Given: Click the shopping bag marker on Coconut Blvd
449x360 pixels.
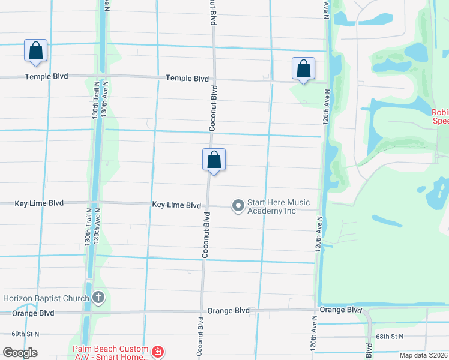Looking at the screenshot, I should tap(214, 161).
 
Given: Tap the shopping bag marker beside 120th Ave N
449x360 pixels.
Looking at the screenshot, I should tap(303, 69).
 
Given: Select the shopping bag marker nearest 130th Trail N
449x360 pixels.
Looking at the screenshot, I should tap(35, 51).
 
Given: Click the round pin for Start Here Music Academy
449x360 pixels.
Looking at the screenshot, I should tap(238, 206).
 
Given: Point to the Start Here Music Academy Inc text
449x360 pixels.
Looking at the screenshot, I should tap(272, 206).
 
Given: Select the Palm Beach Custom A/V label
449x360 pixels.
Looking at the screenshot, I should tap(110, 353).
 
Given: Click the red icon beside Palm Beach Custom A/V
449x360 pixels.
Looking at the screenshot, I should tap(158, 352).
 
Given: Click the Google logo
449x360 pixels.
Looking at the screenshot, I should tap(20, 353).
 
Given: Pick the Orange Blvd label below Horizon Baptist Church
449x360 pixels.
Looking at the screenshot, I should tap(33, 313).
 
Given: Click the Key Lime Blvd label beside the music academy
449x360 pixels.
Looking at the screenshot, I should tap(176, 205).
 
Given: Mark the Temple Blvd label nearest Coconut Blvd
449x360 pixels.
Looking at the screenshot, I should tap(187, 79).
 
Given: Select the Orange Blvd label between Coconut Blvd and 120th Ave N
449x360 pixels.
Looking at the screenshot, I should tap(229, 311).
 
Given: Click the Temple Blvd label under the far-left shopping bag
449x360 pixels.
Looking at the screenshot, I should tap(46, 77).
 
